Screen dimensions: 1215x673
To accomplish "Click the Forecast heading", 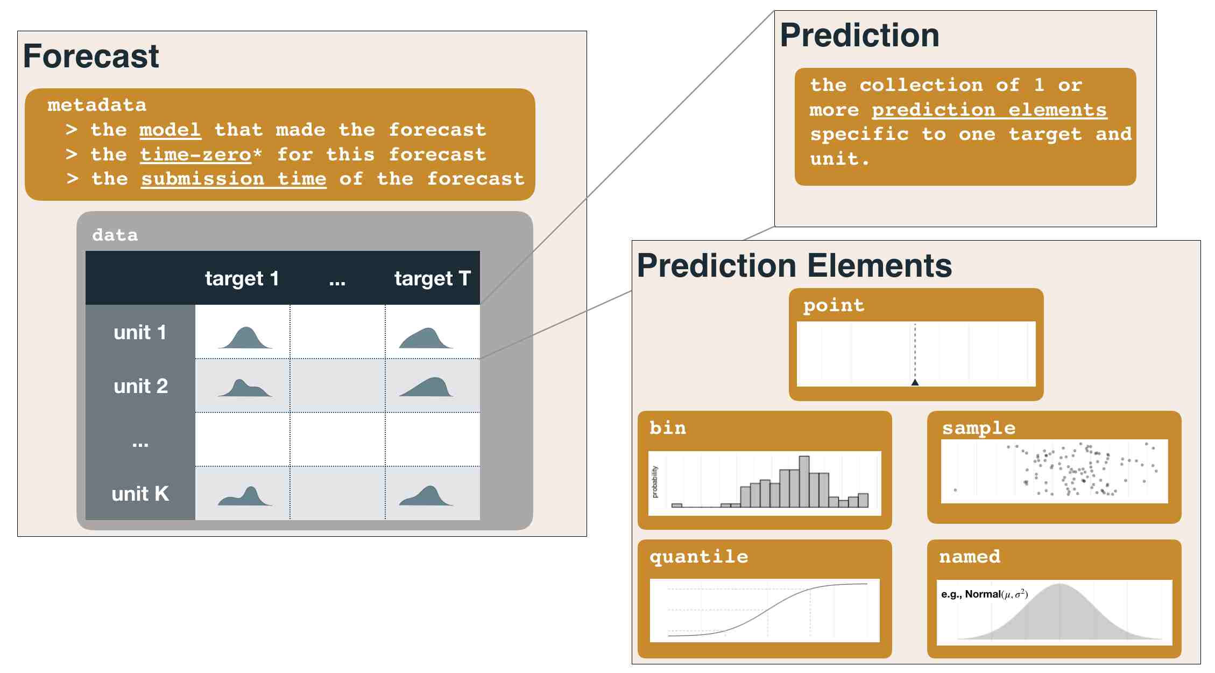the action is click(91, 56).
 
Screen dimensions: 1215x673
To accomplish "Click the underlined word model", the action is click(170, 130).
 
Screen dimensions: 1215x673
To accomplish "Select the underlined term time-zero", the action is click(195, 155).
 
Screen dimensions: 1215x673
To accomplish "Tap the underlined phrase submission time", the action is click(234, 179).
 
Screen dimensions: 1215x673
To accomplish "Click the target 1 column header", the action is click(242, 278).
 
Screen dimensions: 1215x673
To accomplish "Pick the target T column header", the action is click(433, 278).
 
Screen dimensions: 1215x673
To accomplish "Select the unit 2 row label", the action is click(140, 386).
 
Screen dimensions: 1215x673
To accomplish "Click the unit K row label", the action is click(140, 494).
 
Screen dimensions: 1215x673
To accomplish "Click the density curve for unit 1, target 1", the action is click(245, 338).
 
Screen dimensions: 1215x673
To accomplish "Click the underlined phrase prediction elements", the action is click(990, 110).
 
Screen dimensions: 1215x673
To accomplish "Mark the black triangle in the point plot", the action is click(915, 382).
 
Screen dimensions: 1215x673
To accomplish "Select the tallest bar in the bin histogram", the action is click(804, 482).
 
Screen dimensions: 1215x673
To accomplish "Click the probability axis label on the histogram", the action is click(655, 482).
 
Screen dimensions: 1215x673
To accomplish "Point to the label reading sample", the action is click(979, 428).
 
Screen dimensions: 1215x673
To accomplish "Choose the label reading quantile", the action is click(698, 557).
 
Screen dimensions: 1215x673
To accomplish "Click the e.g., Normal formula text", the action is click(985, 594).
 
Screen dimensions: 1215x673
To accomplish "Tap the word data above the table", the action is click(115, 235).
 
